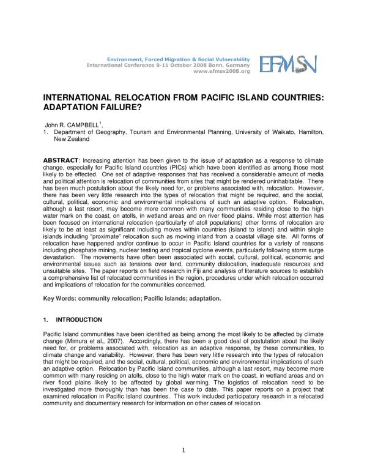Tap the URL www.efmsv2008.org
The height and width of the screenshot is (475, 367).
221,71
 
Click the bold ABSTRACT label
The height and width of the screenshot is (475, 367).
58,160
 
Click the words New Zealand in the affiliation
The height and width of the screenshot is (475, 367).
72,139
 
